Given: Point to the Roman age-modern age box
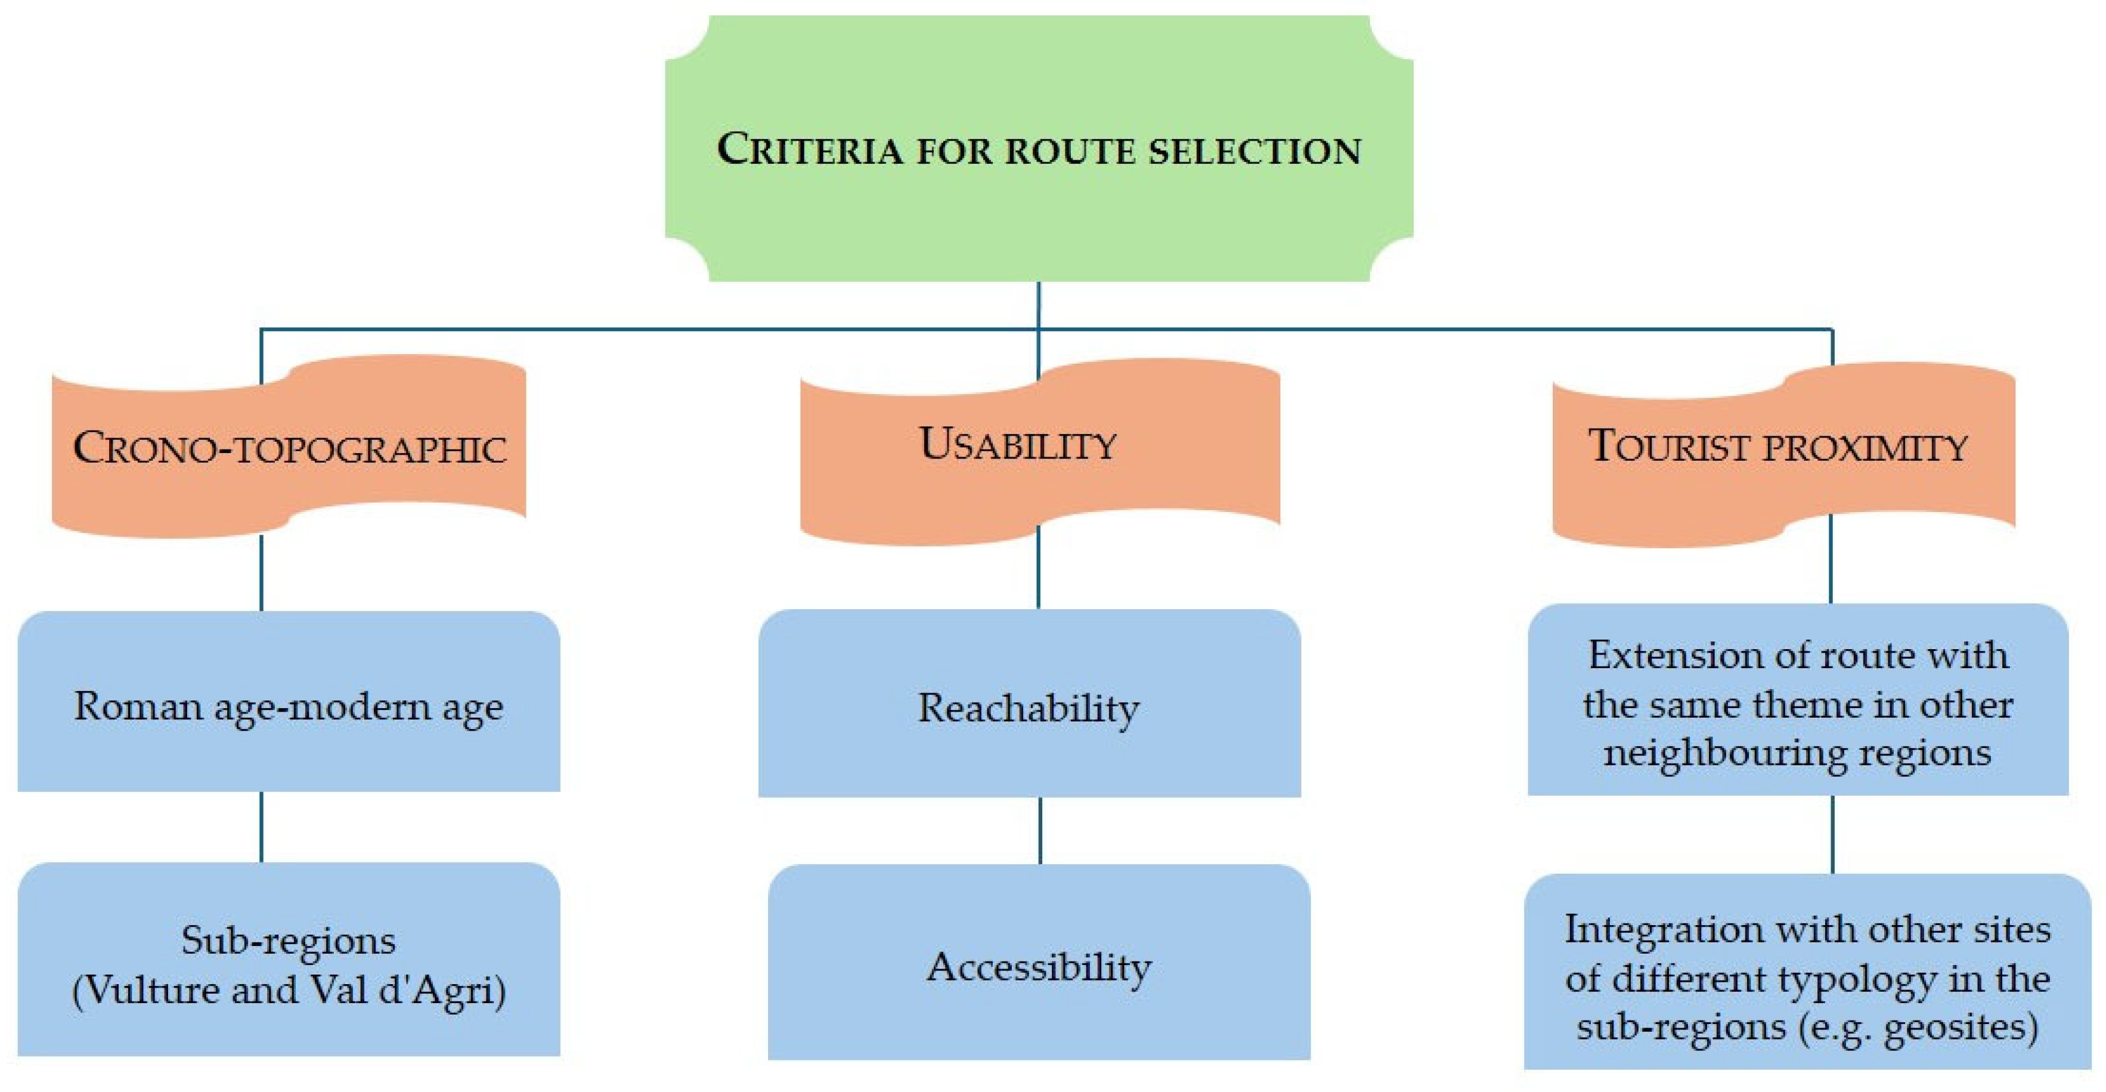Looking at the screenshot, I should coord(288,752).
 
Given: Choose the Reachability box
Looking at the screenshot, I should coord(1029,752).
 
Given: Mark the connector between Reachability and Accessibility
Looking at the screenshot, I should coord(1039,830).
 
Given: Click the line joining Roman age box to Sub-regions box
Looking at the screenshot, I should coord(261,826).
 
